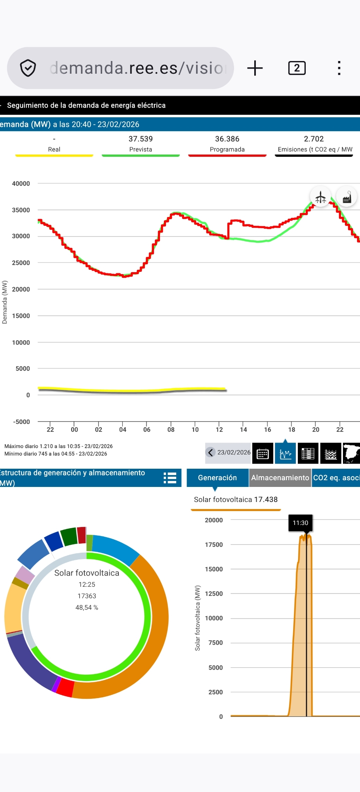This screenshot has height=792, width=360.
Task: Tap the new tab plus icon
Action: pyautogui.click(x=255, y=68)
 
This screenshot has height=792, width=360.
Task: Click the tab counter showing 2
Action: pyautogui.click(x=297, y=68)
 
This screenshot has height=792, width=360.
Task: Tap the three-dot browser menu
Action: pyautogui.click(x=339, y=68)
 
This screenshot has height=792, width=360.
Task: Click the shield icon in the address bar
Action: pyautogui.click(x=28, y=68)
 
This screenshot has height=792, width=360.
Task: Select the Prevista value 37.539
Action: pyautogui.click(x=141, y=139)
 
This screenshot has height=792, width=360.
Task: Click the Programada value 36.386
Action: pyautogui.click(x=227, y=139)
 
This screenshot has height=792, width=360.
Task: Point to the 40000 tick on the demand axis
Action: pyautogui.click(x=21, y=184)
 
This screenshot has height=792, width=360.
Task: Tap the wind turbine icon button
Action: pyautogui.click(x=320, y=197)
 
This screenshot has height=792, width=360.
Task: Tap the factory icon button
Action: pyautogui.click(x=347, y=197)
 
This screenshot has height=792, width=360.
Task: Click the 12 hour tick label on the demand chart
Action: pyautogui.click(x=219, y=429)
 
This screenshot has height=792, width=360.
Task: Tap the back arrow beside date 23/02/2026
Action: pyautogui.click(x=211, y=452)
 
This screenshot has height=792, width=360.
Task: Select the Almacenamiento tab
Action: pyautogui.click(x=280, y=478)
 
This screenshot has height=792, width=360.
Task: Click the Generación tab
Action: pyautogui.click(x=217, y=478)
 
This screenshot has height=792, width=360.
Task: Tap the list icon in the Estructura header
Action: pyautogui.click(x=170, y=478)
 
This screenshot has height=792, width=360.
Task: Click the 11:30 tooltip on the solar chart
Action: pyautogui.click(x=300, y=523)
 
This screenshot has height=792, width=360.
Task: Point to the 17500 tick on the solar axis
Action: pyautogui.click(x=214, y=545)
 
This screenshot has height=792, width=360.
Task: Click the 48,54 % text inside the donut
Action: pyautogui.click(x=87, y=608)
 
